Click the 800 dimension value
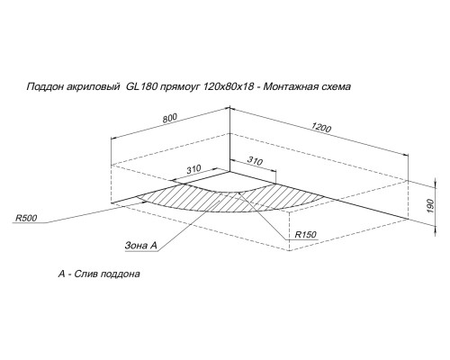170,118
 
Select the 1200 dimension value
321,127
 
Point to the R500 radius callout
26,218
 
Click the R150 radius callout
305,234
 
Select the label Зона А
140,246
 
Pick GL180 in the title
141,86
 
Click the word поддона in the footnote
121,274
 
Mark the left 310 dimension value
193,169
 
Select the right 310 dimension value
255,161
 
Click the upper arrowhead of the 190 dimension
435,183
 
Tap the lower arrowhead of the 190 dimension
435,230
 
